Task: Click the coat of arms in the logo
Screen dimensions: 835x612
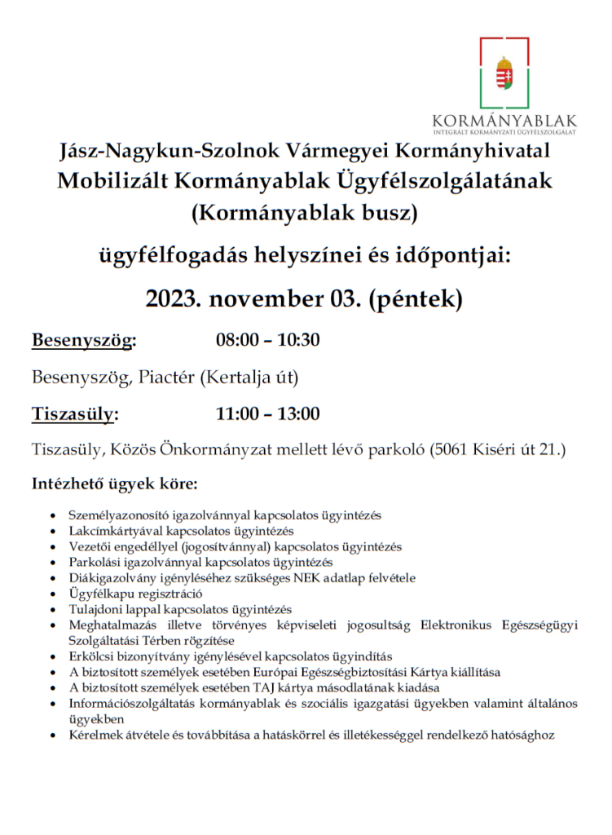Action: pos(505,73)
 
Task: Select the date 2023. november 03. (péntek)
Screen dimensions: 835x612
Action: pos(304,298)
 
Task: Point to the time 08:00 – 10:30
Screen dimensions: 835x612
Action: pos(267,340)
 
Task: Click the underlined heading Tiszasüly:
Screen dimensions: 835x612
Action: pos(75,413)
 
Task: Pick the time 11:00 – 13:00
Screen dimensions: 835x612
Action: pos(267,413)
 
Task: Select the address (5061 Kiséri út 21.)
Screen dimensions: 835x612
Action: pos(497,449)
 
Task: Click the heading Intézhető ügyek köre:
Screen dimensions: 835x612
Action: pos(114,484)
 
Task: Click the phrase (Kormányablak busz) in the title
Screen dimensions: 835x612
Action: pos(304,214)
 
